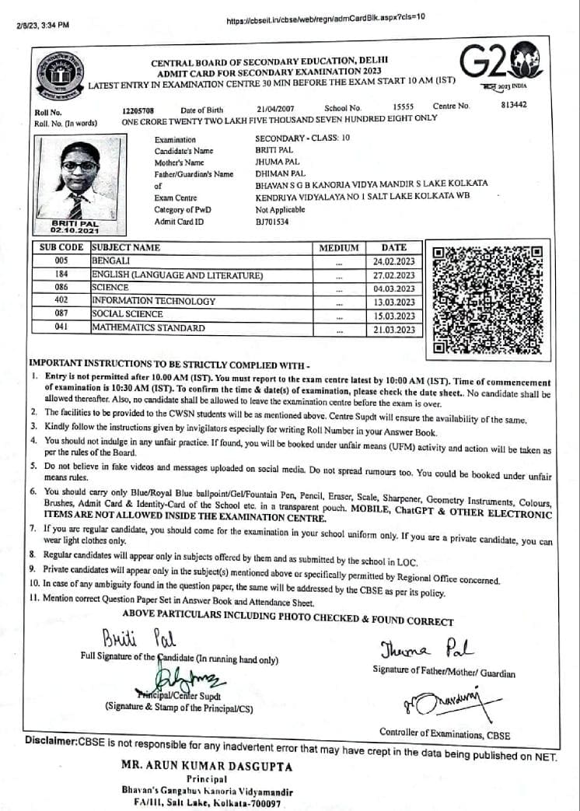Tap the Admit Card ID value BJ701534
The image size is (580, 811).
point(272,222)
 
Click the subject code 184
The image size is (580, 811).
point(62,275)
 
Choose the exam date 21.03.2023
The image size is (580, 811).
point(394,330)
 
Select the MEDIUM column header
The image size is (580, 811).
point(339,248)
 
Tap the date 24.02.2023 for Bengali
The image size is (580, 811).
point(394,262)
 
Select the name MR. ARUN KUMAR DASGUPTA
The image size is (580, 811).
point(207,766)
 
